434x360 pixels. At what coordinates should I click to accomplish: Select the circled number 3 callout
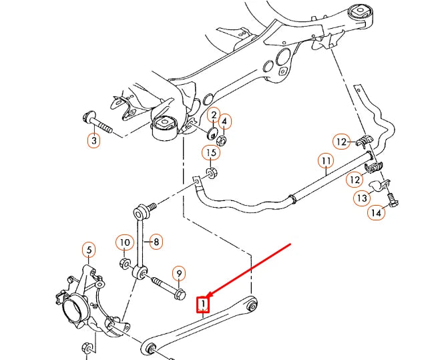click(93, 141)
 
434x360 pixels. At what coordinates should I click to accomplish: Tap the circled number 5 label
click(88, 250)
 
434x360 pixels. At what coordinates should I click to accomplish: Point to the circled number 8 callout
click(156, 242)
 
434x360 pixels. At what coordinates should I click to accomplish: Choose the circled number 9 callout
click(178, 273)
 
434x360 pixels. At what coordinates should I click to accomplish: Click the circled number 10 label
click(125, 242)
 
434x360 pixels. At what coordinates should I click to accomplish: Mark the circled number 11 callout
click(325, 161)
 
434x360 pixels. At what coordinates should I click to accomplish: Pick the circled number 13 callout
click(362, 198)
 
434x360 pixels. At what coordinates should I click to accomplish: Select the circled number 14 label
click(376, 213)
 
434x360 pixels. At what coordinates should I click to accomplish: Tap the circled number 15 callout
click(211, 153)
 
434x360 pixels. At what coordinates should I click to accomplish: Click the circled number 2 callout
click(213, 116)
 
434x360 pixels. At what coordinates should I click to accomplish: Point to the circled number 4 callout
click(225, 122)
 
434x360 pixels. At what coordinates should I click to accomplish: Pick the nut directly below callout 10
click(124, 260)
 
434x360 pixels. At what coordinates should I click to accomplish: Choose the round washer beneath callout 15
click(211, 174)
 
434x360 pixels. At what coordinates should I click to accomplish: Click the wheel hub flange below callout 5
click(71, 311)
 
